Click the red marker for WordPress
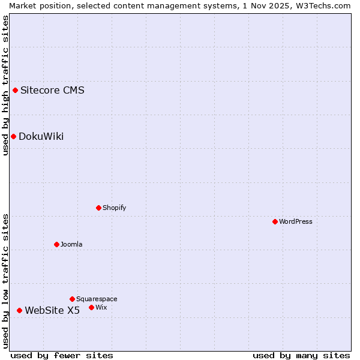click(275, 221)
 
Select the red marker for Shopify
click(99, 208)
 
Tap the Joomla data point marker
click(57, 244)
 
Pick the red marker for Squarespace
click(73, 299)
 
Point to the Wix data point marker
click(92, 307)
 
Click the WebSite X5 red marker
click(20, 310)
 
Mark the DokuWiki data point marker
click(13, 136)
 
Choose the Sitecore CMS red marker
click(16, 91)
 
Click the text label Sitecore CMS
click(52, 91)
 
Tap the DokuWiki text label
click(41, 136)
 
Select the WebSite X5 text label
click(52, 310)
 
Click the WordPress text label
click(296, 221)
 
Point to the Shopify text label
click(114, 208)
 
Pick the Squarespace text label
click(97, 299)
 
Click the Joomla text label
click(71, 244)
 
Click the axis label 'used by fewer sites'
click(62, 355)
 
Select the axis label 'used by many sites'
click(301, 355)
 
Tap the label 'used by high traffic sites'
click(5, 85)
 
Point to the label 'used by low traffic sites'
click(5, 281)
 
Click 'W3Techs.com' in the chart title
click(323, 5)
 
